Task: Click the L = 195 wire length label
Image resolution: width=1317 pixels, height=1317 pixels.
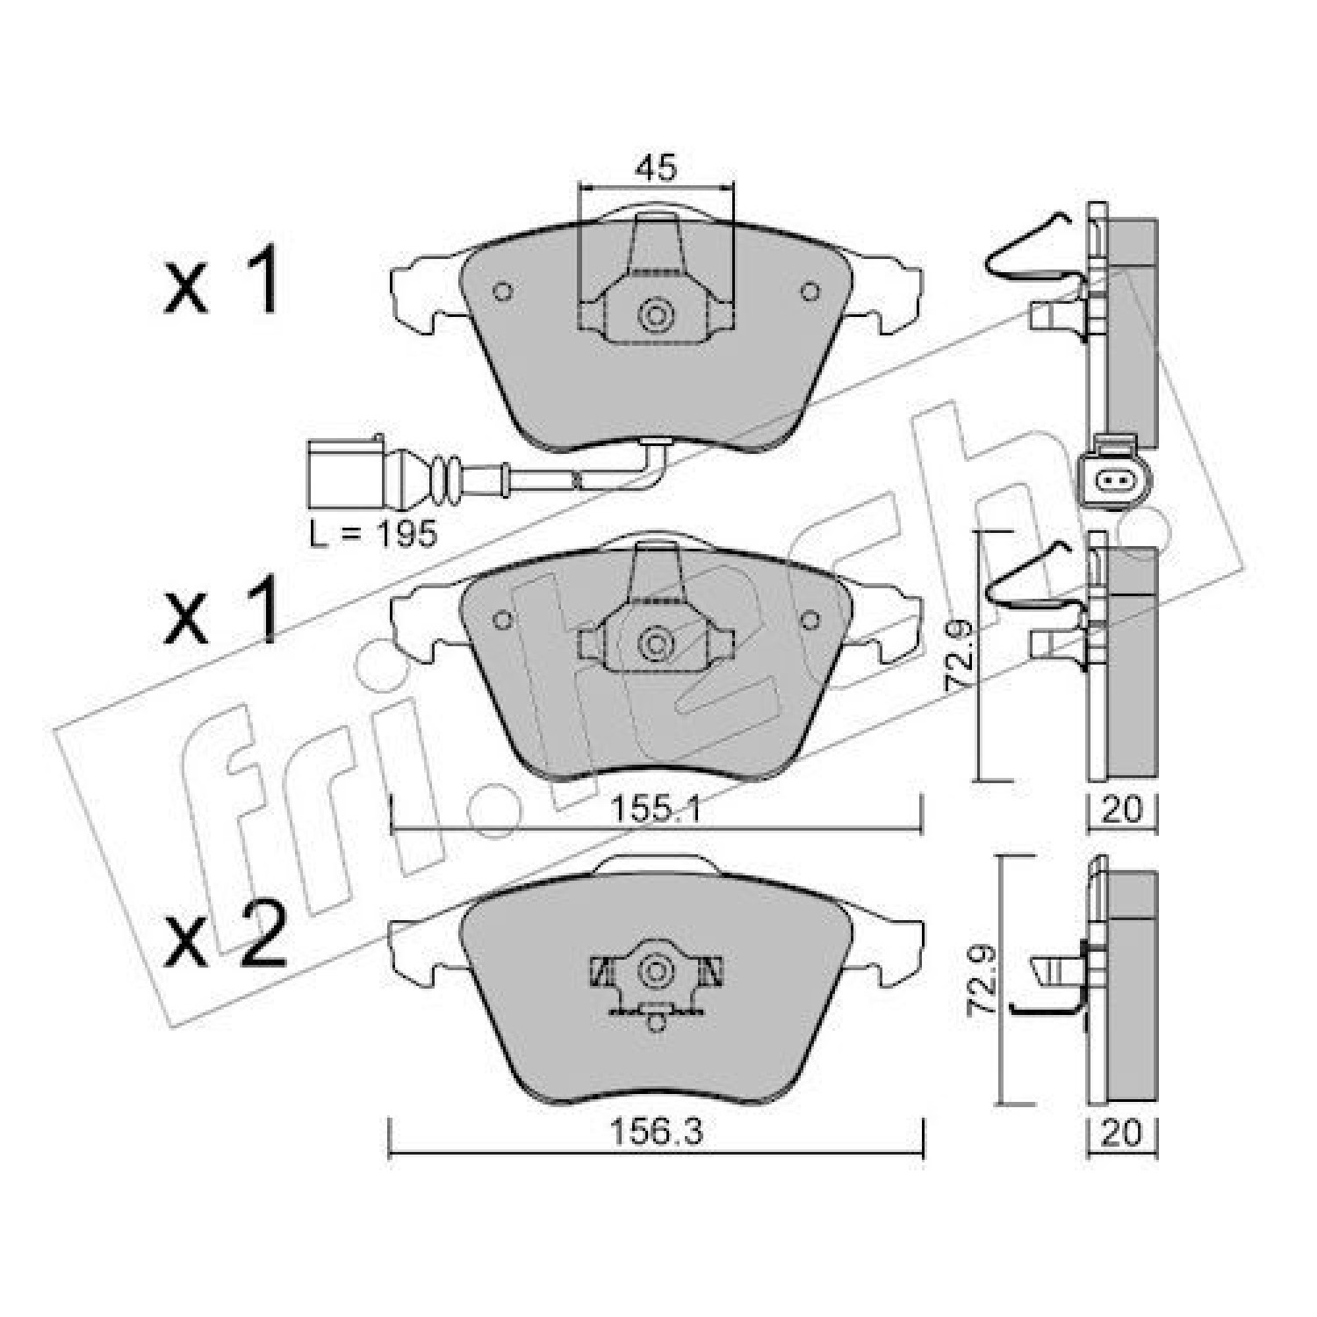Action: tap(373, 533)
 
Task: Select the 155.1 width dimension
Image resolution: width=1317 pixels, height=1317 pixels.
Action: tap(656, 809)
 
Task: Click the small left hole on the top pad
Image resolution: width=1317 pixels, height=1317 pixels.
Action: tap(503, 291)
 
